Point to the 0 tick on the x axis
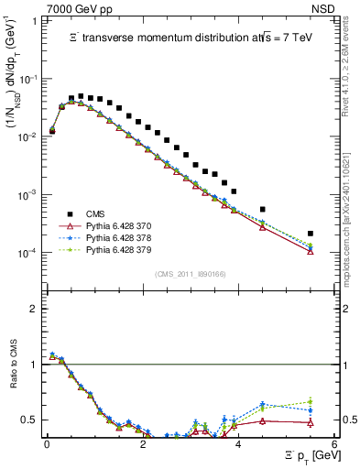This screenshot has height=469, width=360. coord(47,445)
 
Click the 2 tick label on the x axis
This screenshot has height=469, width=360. coord(142,445)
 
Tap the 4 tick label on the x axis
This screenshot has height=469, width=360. coord(237,445)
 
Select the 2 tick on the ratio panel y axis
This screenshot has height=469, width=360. coord(37,309)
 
